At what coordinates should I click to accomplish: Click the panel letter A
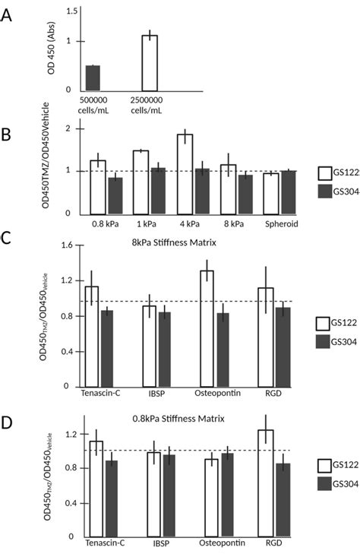(x=8, y=14)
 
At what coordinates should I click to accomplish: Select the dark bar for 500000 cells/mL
(x=93, y=78)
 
